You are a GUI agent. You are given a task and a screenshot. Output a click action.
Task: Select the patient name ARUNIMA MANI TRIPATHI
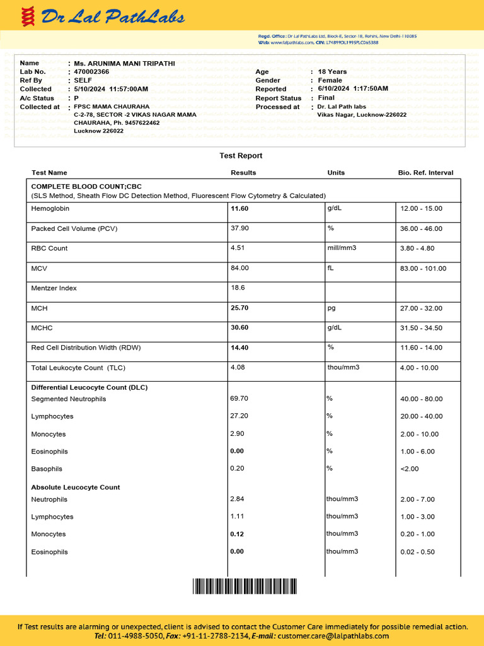coord(124,64)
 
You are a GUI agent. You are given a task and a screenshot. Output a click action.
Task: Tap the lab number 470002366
coord(91,72)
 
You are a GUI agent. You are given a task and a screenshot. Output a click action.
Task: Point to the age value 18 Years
coord(332,72)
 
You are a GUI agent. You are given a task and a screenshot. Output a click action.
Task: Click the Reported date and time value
coord(353,89)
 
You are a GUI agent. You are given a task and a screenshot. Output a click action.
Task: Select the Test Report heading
coord(241,156)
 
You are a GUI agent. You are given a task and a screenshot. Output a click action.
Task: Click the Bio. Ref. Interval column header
coord(425,173)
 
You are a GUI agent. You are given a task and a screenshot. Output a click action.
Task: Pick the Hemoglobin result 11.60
coord(239,208)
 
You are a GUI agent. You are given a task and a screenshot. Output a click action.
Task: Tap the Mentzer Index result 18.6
coord(238,288)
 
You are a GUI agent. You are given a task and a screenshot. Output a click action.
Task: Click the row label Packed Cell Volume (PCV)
coord(74,228)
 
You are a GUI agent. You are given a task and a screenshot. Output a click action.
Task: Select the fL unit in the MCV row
coord(330,268)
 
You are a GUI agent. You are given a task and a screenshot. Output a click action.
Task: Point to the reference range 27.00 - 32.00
coord(421,308)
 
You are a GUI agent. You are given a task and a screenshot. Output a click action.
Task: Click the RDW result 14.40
coord(239,348)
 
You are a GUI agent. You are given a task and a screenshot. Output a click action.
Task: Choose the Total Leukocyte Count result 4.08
coord(238,367)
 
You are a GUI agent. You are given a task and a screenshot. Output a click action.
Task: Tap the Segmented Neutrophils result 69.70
coord(239,399)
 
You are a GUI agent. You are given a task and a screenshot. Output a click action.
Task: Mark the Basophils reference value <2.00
coord(409,469)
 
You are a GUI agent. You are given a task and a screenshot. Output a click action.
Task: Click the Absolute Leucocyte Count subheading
coord(76,488)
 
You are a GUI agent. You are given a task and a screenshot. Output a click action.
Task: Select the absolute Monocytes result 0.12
coord(237,534)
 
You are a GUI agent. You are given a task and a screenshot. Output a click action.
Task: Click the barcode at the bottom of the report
coord(243,586)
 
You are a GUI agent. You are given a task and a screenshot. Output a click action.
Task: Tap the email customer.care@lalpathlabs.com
coord(333,637)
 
